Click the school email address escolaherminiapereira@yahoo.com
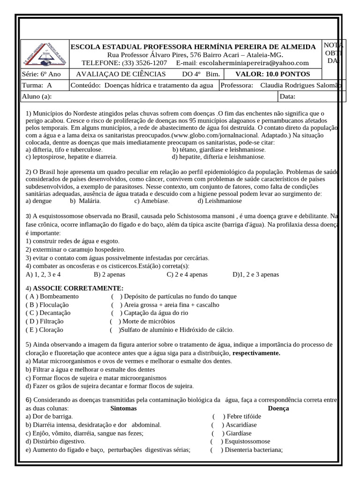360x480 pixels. [253, 63]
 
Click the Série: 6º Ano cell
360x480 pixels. [42, 74]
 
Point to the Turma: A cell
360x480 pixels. [37, 85]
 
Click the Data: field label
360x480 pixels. [288, 97]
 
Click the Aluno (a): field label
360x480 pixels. [37, 97]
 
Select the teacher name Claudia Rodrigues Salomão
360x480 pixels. [300, 85]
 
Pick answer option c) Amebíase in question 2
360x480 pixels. [152, 201]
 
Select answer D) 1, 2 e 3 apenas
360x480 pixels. [255, 275]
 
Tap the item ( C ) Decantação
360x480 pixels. [48, 313]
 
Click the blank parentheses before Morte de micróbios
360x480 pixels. [115, 321]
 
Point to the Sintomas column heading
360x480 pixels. [123, 408]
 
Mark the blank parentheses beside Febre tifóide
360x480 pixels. [218, 416]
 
